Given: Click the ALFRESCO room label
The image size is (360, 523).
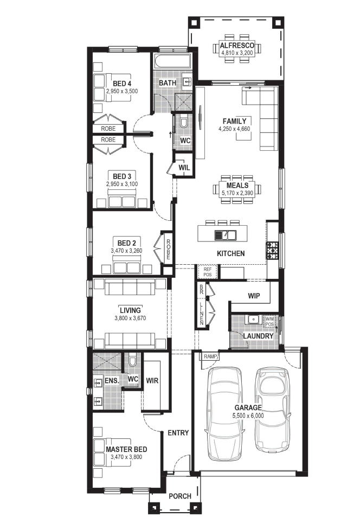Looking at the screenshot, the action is [237, 46].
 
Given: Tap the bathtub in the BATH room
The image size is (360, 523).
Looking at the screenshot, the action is [172, 61].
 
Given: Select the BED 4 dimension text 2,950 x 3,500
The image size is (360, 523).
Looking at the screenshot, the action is [122, 91].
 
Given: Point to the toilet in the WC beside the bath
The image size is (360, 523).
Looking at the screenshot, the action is [184, 122].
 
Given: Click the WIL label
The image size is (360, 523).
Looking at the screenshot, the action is [184, 167].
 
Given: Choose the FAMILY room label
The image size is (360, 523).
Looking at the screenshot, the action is [234, 122].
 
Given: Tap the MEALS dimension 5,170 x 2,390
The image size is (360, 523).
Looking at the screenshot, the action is [237, 193].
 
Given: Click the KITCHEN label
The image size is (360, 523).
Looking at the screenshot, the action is [230, 253].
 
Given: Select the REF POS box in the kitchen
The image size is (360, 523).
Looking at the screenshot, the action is [207, 272].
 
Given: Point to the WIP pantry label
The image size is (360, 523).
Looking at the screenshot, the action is [254, 296].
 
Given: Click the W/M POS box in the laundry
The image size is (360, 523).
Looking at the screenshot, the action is [269, 322].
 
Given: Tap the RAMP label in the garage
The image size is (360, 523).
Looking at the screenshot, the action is [210, 356].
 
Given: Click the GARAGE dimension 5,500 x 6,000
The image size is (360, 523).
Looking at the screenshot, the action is [248, 416].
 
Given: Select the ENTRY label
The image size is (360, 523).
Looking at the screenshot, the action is [178, 433].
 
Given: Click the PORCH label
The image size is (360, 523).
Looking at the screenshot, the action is [180, 496].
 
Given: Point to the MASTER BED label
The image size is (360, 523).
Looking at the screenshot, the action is [126, 449].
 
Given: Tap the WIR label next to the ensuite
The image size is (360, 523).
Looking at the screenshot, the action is [152, 380].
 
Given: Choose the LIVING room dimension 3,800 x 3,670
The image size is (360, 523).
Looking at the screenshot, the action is [130, 318].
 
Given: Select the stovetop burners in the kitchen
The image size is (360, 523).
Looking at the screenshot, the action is [272, 251].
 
